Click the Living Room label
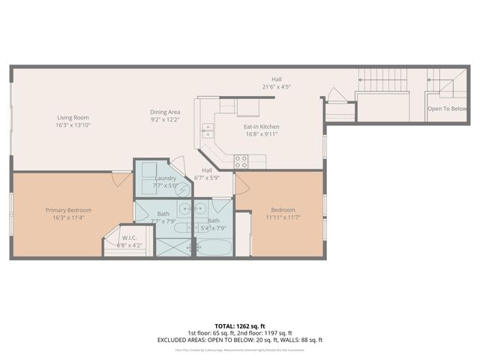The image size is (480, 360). click(73, 117)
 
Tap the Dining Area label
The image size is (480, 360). click(166, 112)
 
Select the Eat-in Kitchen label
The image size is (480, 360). click(260, 127)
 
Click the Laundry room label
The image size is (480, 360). click(165, 177)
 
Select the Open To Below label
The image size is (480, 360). click(446, 109)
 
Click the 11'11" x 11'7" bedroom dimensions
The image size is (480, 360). click(283, 217)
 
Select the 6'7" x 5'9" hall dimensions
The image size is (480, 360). click(206, 178)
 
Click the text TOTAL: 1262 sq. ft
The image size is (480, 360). click(239, 326)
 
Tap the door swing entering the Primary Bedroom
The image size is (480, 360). click(122, 178)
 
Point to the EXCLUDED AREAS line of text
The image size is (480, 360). click(239, 340)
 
